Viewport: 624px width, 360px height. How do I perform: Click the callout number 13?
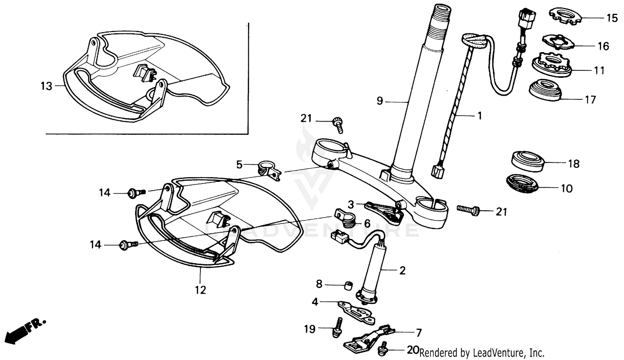tap(46, 86)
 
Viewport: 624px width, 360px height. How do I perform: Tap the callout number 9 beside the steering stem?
tap(379, 101)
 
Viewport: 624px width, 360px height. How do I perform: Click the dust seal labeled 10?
tap(522, 184)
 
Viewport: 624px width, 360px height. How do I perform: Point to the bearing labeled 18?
tap(527, 161)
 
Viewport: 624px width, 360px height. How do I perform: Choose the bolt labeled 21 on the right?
tap(469, 209)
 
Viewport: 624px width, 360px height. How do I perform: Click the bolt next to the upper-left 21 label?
tap(337, 124)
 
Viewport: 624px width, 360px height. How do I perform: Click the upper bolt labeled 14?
tap(136, 192)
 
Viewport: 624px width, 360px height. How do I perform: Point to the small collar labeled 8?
tap(348, 286)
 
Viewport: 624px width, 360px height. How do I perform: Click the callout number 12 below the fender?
tap(201, 290)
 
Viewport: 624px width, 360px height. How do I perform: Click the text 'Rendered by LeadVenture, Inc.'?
tap(482, 353)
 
